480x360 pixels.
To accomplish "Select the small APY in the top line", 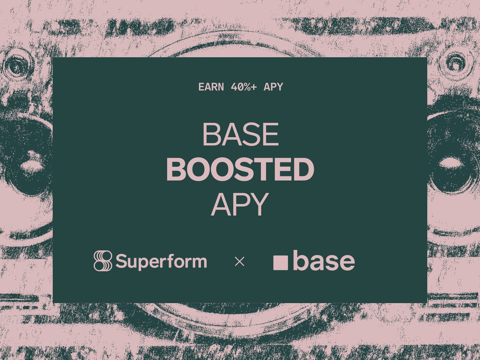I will tap(273, 87).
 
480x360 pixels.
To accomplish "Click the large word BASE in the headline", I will tap(240, 134).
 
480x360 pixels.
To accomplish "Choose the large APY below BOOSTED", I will tap(240, 204).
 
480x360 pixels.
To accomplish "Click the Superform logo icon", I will tap(103, 261).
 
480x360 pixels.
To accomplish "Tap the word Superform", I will tap(161, 262).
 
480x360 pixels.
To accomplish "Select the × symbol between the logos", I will tap(239, 262).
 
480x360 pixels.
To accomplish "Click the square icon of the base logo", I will tap(280, 263).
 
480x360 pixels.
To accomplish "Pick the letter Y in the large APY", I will tap(258, 204).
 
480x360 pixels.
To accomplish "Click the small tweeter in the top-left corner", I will tap(17, 64).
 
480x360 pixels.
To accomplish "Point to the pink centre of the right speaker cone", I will tap(451, 163).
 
